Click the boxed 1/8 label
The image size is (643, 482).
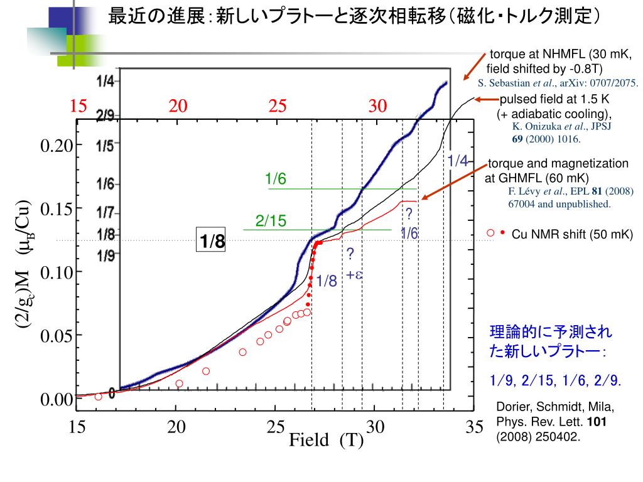point(212,242)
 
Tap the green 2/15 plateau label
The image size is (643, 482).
point(271,221)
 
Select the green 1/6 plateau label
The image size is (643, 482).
point(276,179)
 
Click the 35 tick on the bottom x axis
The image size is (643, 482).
point(475,427)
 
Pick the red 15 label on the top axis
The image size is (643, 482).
point(78,106)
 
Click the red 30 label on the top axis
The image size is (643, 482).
point(378,106)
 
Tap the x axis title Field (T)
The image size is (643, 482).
point(326,440)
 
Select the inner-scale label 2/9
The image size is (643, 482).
point(105,116)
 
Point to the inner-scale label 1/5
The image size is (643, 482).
point(105,146)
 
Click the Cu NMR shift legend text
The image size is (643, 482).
point(572,235)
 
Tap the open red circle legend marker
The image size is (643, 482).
point(490,233)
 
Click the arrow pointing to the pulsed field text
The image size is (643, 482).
point(486,99)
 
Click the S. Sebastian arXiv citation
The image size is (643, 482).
point(558,83)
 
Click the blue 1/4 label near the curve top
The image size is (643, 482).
point(458,161)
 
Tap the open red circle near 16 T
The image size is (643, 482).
point(98,396)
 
